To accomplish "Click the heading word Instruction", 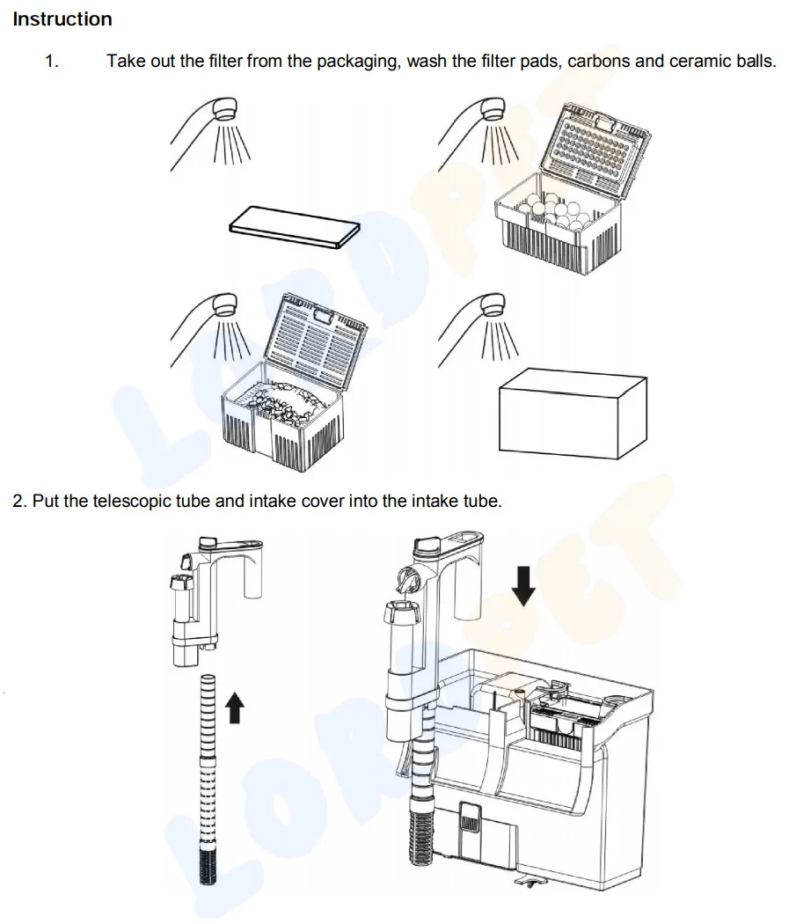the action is point(62,18).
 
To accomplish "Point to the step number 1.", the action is point(52,62).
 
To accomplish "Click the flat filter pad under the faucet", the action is point(294,227).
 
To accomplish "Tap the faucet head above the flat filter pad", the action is point(224,108).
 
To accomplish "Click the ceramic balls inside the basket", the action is point(554,211).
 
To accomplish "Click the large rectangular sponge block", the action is point(573,414).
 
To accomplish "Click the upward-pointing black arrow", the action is point(235,708).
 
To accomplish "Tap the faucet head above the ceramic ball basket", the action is point(493,108).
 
